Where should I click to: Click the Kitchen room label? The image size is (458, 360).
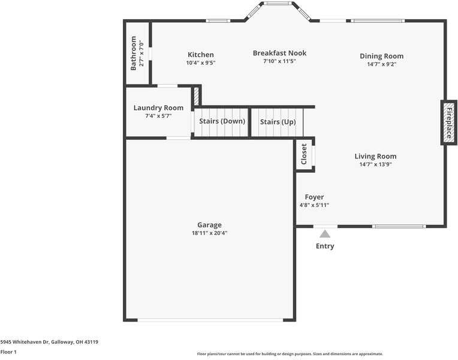(200, 55)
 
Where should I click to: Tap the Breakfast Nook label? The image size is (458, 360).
(279, 53)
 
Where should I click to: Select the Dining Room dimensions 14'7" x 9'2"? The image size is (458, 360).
(381, 64)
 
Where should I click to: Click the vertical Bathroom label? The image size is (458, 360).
(134, 53)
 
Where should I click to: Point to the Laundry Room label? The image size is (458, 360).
(158, 108)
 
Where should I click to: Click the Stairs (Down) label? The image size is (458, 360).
(222, 121)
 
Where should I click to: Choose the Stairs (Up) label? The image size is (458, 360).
(278, 122)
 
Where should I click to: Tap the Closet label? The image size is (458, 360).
(304, 154)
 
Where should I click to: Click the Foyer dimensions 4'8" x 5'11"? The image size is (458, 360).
(314, 205)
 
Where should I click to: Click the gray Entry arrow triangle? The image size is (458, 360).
(324, 234)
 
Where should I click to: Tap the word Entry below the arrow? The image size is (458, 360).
(324, 246)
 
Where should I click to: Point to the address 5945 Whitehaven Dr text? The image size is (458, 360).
(49, 342)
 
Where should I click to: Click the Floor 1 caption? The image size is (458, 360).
(8, 352)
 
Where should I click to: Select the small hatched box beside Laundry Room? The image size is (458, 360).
(196, 97)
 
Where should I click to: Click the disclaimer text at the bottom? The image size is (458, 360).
(290, 354)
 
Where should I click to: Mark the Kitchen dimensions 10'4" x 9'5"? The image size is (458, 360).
(200, 62)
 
